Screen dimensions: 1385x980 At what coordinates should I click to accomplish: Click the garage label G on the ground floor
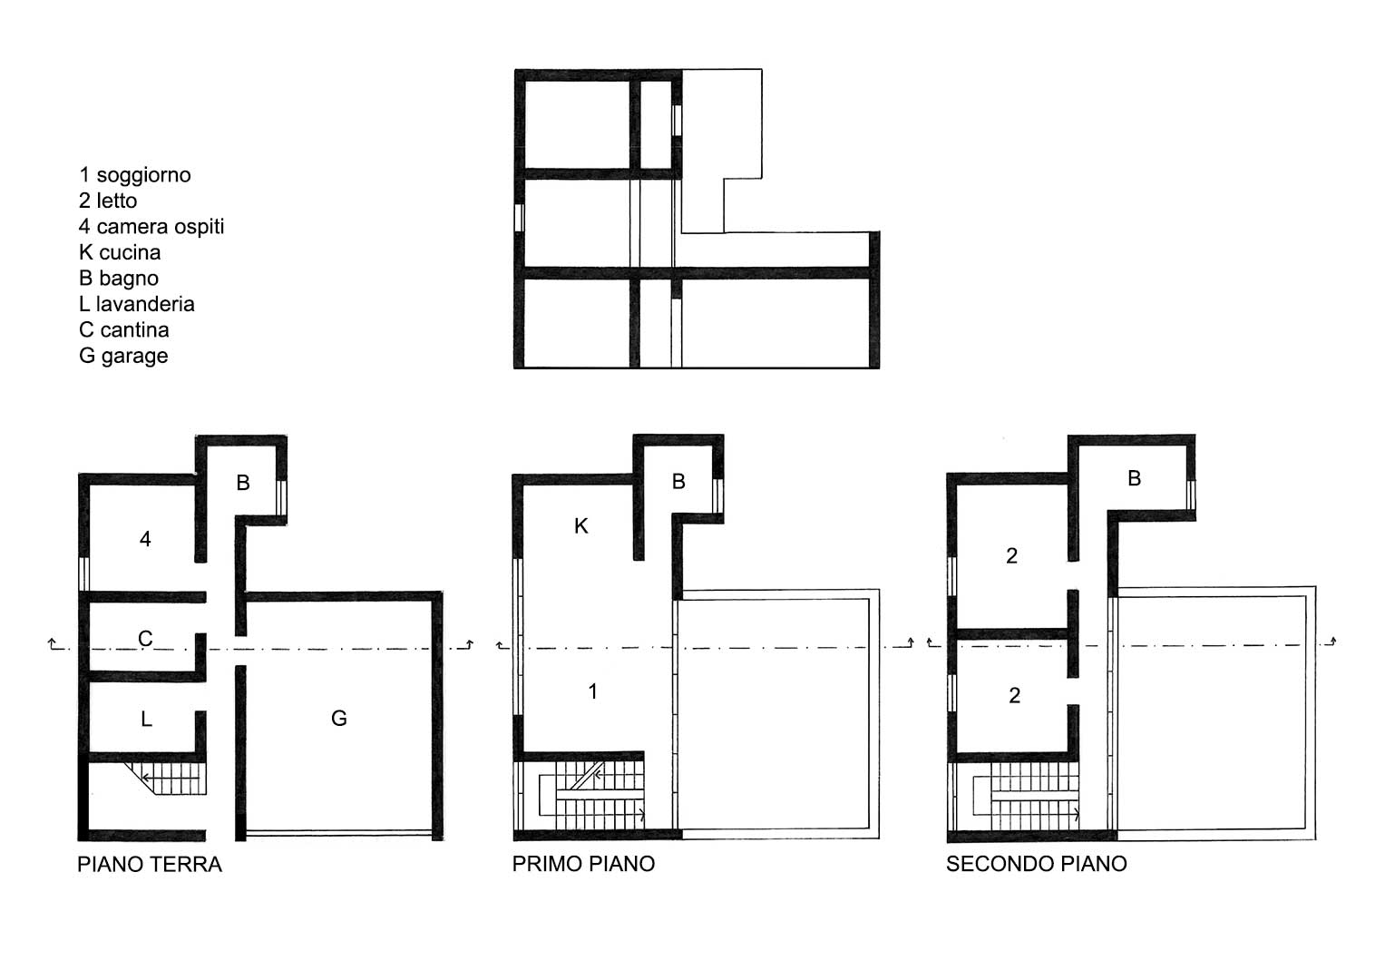pos(339,718)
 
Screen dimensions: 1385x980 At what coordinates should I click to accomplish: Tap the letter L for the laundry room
pos(147,719)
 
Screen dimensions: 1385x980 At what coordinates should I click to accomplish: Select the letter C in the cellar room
pos(145,638)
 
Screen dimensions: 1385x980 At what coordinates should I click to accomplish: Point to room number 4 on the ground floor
pos(145,539)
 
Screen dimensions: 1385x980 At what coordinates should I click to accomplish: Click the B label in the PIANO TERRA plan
pos(243,483)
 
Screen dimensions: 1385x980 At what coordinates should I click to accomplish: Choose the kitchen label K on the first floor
pos(580,526)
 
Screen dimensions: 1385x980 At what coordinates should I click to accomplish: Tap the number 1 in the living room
pos(593,691)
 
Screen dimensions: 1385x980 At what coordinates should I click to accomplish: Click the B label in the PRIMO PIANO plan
pos(678,481)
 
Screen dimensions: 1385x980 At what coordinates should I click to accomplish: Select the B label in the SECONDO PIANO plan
pos(1134,477)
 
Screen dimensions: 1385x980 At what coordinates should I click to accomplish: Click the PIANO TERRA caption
pos(150,864)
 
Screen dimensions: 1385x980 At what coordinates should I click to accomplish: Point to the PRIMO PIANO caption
pos(583,863)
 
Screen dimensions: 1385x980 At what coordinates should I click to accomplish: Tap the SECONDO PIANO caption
pos(1037,863)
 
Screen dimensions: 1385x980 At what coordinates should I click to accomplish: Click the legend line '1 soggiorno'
pos(135,175)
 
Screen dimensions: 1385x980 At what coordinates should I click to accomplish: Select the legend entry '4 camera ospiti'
pos(151,227)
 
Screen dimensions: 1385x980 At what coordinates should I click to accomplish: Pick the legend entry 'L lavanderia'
pos(137,304)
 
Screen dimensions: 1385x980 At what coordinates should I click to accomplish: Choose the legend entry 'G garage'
pos(123,356)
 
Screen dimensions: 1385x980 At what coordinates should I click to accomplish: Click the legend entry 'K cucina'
pos(120,252)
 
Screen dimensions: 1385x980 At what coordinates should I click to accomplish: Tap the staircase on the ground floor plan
pos(165,779)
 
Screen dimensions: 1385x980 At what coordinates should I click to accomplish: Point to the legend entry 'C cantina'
pos(123,329)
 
